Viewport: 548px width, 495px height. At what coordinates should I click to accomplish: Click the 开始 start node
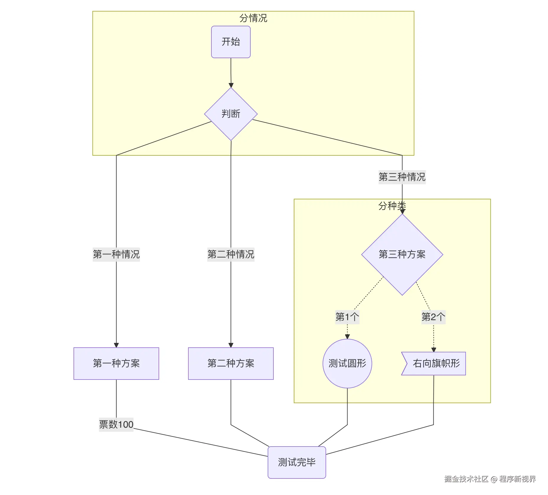pos(231,42)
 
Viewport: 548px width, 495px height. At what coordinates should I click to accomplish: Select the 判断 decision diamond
pos(231,114)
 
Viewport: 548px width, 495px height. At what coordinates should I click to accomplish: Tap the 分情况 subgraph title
pos(253,18)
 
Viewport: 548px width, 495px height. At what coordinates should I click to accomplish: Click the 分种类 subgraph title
pos(392,206)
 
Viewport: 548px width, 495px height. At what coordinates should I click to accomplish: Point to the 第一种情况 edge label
pos(116,254)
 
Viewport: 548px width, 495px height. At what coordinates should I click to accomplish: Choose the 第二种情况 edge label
pos(231,254)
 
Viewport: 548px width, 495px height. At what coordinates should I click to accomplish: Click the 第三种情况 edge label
pos(402,177)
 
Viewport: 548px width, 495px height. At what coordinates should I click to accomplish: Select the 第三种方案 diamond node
pos(402,254)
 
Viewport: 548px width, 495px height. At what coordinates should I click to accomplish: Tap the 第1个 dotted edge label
pos(347,317)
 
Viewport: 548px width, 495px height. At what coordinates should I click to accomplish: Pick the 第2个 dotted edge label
pos(433,317)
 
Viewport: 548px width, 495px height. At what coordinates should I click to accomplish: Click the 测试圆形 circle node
pos(347,363)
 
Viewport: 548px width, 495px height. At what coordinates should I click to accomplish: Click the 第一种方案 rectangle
pos(116,363)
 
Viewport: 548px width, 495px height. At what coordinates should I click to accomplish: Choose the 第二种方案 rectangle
pos(231,363)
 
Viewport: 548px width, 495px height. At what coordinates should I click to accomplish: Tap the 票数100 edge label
pos(116,424)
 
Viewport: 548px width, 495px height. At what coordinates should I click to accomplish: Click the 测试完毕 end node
pos(297,462)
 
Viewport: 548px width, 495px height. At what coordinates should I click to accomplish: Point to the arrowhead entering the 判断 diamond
pos(231,85)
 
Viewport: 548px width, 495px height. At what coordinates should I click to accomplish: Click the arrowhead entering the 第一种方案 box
pos(116,345)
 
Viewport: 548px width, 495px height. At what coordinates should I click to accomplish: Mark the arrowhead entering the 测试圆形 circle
pos(347,337)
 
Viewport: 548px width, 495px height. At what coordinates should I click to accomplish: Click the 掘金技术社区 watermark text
pos(467,479)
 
